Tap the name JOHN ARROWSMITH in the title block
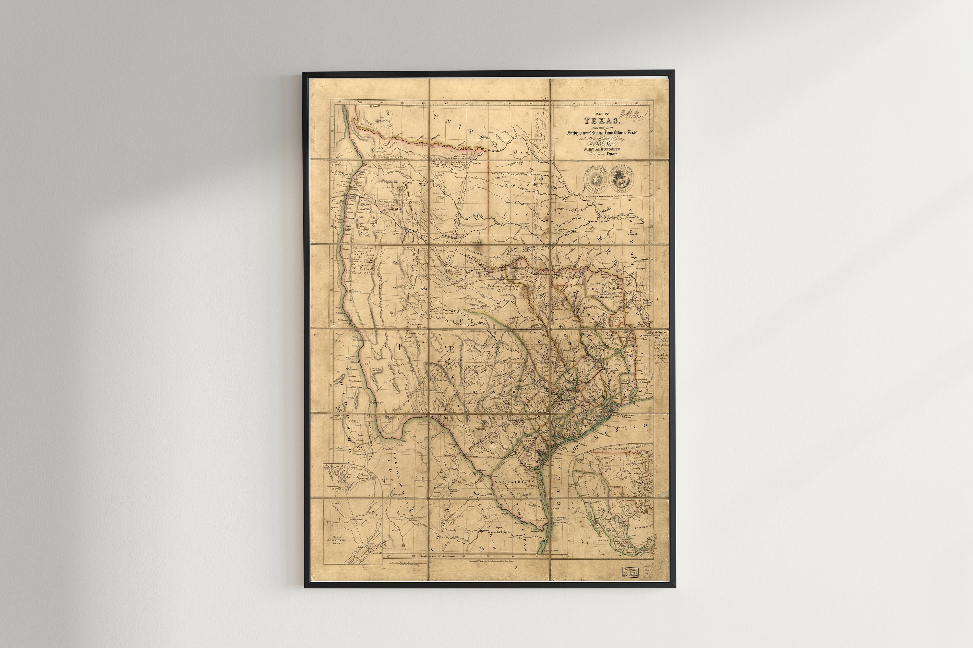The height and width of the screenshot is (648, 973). pyautogui.click(x=602, y=148)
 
